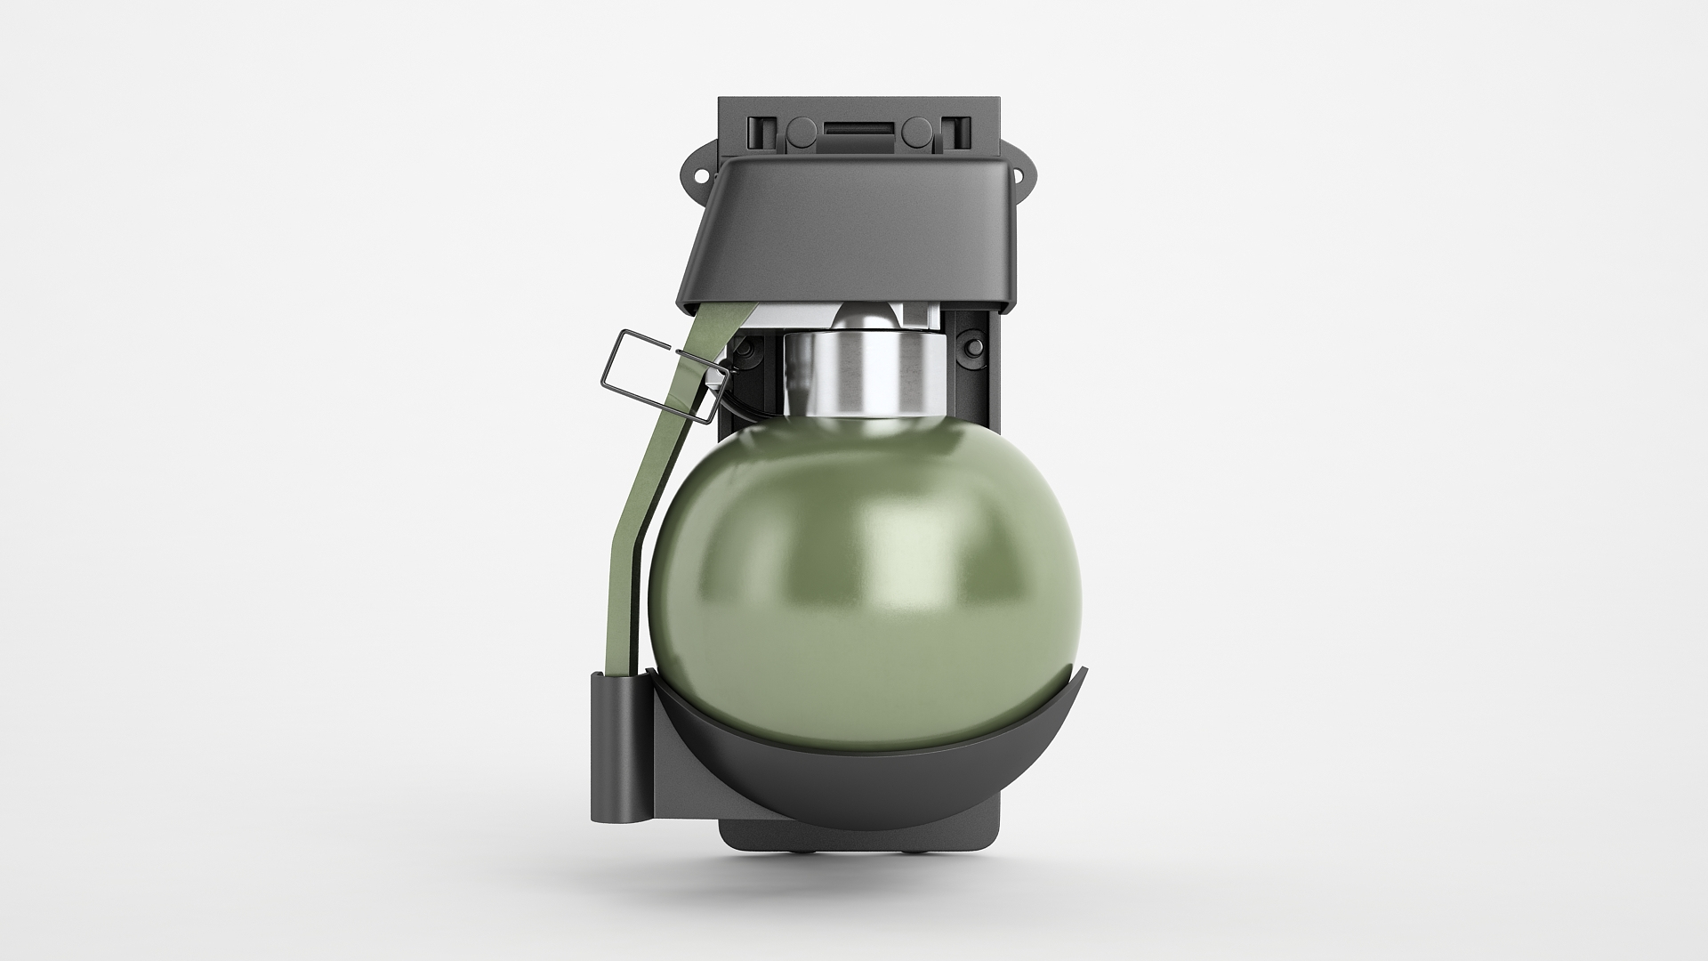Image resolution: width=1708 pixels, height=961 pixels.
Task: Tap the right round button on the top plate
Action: pos(914,133)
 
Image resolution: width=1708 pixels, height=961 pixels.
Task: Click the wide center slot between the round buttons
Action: pos(858,130)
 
